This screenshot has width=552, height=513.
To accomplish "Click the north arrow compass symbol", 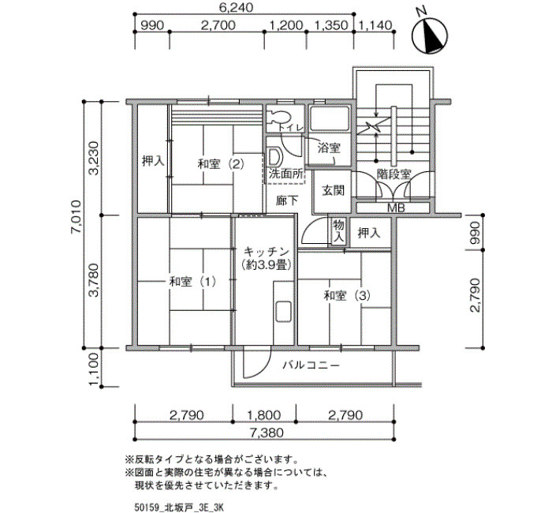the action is coord(430,36).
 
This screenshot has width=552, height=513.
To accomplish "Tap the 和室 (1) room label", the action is coord(192,282).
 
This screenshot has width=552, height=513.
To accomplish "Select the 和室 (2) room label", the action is coord(221,164).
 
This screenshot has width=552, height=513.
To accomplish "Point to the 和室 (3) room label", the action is coord(347,295).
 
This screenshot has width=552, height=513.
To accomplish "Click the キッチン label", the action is coord(267,252).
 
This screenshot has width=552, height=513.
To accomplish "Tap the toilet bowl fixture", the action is coord(278,117).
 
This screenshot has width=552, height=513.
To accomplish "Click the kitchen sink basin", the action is coord(283,312).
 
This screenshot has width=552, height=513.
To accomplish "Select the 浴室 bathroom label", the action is coord(329,148).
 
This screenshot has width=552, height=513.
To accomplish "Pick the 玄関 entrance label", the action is coord(333,190).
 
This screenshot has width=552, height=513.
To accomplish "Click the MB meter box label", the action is coord(396,208).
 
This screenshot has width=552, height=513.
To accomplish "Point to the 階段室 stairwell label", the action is coord(393,174).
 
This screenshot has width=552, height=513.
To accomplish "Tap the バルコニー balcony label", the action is coord(311,365).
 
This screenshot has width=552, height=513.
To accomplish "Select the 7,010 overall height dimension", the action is coord(76,217).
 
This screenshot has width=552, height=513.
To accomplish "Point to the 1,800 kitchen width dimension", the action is coord(264,415).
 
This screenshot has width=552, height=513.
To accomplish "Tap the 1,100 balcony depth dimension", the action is coord(93,369).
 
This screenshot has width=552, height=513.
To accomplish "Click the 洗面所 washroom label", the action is coord(286,174).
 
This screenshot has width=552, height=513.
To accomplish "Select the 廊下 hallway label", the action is coord(287,200).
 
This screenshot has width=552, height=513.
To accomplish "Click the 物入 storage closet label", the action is coord(338,231).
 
